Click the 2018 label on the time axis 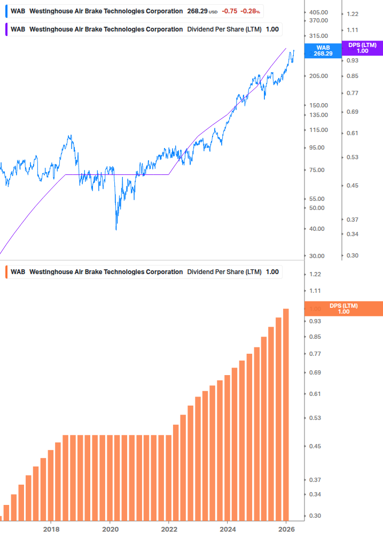pos(51,529)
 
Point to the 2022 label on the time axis pos(169,529)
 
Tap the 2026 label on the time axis pos(287,529)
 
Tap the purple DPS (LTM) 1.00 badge pos(362,48)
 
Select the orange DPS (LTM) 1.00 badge pos(343,309)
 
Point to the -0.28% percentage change pos(251,11)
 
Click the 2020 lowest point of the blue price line pos(116,230)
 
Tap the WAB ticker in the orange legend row pos(18,272)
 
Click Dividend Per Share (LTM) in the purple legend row pos(224,29)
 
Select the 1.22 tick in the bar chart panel pos(315,274)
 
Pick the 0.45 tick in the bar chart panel pos(315,446)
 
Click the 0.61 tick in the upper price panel pos(352,133)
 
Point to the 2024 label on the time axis pos(228,529)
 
